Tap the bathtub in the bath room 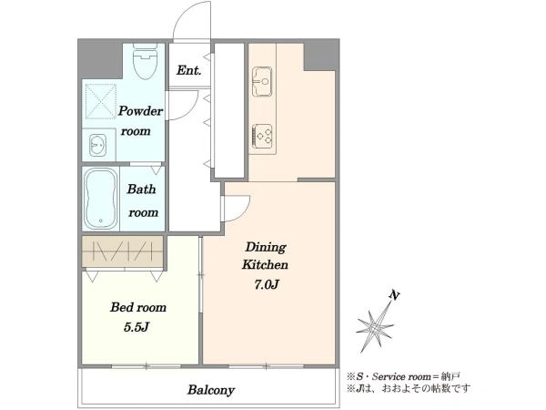[x=101, y=199]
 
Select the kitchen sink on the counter [x=262, y=82]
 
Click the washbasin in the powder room [x=98, y=145]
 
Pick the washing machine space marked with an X [x=101, y=101]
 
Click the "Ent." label [x=188, y=70]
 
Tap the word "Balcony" [x=211, y=390]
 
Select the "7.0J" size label [x=266, y=285]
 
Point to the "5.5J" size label [x=136, y=327]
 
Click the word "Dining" [x=266, y=248]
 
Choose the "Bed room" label [x=138, y=307]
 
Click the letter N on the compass [x=394, y=295]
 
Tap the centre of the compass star [x=375, y=328]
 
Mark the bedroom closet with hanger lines [x=123, y=251]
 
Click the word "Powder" [x=141, y=111]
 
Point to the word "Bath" [x=141, y=189]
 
